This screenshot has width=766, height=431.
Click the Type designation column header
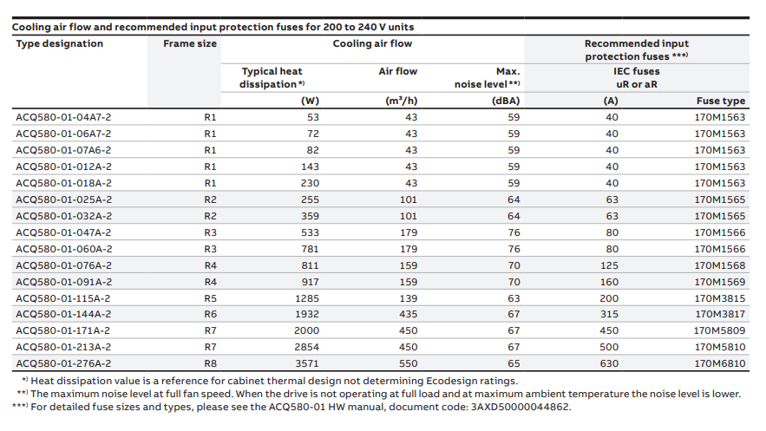coord(60,43)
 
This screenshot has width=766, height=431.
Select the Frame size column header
coord(189,43)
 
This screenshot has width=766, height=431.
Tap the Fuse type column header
coord(721,101)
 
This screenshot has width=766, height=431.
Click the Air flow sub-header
coord(397,71)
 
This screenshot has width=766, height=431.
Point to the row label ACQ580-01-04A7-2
coord(63,117)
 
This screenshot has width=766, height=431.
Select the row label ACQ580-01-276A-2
coord(63,363)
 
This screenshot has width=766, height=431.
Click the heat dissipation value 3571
coord(306,363)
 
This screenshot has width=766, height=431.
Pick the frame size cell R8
coord(210,363)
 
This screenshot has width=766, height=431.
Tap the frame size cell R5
coord(210,298)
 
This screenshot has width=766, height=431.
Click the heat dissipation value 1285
coord(307,298)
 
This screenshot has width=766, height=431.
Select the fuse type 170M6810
coord(720,363)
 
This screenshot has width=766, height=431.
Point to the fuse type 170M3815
coord(720,298)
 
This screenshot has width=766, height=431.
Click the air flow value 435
coord(408,314)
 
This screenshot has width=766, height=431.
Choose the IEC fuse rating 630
coord(609,363)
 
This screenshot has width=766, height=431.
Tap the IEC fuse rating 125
coord(610,265)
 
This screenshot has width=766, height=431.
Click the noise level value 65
coord(514,363)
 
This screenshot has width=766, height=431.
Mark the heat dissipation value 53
coord(312,117)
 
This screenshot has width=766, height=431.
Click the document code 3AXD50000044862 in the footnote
coord(520,407)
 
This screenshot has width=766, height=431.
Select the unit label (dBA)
coord(505,101)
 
